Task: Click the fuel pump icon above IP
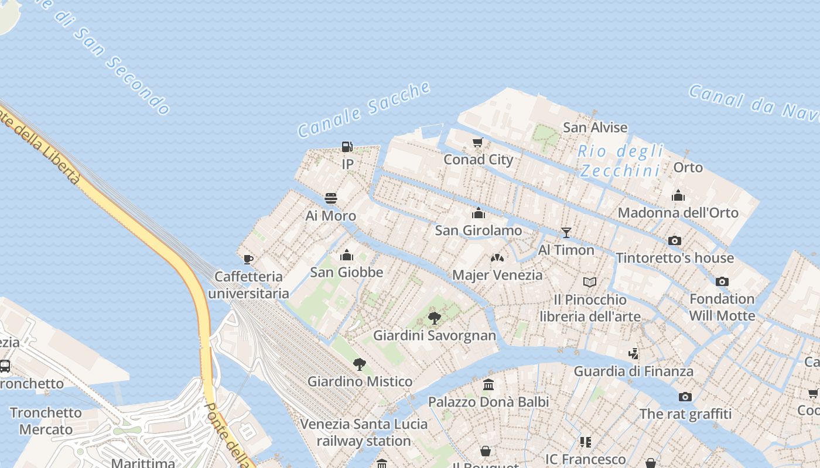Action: [347, 147]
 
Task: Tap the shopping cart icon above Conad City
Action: [478, 142]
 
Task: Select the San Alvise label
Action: [595, 128]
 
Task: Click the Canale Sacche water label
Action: [364, 110]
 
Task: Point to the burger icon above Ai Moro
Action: [331, 198]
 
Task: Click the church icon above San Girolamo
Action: [479, 213]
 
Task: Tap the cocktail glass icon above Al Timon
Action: [566, 233]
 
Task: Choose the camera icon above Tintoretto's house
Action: [675, 240]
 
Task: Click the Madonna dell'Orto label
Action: [678, 212]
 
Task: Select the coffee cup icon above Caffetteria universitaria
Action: [248, 259]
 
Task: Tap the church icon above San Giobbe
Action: [347, 255]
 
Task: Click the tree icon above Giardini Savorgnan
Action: [435, 318]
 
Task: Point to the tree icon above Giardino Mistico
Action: [360, 364]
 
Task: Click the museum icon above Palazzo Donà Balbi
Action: [488, 384]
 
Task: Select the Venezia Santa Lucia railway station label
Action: [364, 432]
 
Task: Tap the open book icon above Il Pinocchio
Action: [590, 283]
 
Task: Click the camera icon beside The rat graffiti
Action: [685, 397]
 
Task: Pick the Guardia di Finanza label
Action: [633, 371]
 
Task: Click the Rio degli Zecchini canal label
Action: [621, 161]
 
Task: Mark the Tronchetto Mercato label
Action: [46, 421]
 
